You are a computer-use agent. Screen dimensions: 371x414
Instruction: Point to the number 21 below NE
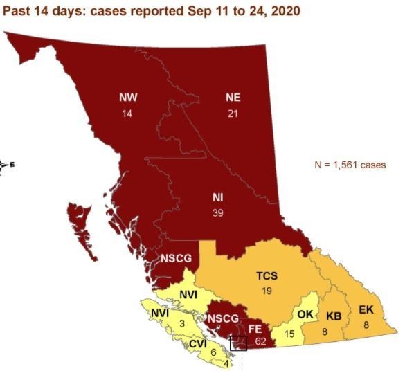233,114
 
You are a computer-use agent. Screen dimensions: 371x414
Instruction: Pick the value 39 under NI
217,213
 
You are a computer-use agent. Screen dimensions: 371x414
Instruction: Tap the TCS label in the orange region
267,275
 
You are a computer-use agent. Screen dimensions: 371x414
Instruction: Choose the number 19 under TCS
267,291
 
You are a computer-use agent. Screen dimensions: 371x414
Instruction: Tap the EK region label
366,309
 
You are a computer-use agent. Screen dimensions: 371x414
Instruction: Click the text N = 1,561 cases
350,165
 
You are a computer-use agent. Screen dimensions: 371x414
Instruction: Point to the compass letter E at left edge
11,165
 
